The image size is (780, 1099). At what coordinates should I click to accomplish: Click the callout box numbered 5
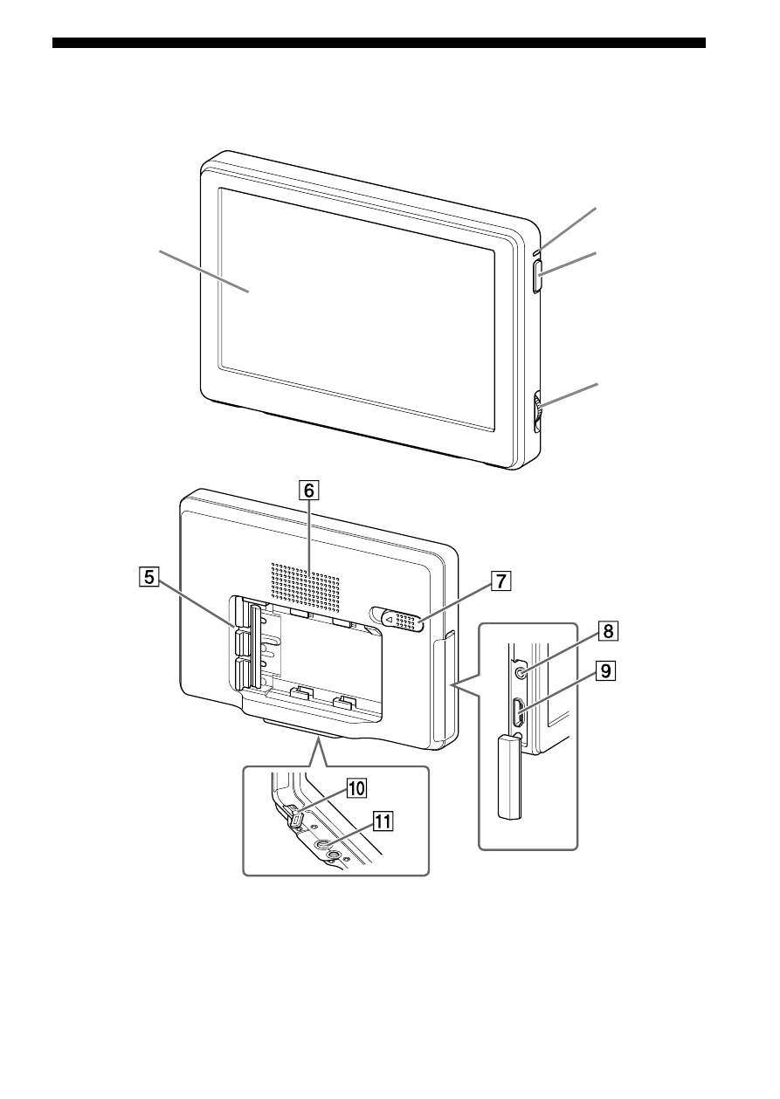[x=149, y=577]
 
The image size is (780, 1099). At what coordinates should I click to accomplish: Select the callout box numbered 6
[x=309, y=491]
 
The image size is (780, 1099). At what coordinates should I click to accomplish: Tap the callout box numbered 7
[x=501, y=581]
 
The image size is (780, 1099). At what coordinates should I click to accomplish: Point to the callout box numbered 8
[x=608, y=630]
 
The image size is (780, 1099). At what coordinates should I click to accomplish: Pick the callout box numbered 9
[x=606, y=670]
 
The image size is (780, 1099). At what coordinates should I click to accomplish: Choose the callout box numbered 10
[x=356, y=788]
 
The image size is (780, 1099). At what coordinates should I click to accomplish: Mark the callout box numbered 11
[x=383, y=821]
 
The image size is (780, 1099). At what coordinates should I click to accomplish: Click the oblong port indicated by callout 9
[x=518, y=713]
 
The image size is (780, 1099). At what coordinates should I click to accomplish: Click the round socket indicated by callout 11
[x=322, y=845]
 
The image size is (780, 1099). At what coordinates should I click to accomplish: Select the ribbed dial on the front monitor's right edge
[x=537, y=410]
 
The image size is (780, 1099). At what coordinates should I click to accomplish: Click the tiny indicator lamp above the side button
[x=536, y=252]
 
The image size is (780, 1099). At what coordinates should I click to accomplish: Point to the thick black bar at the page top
[x=379, y=43]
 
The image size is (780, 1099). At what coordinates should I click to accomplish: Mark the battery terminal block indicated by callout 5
[x=245, y=646]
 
